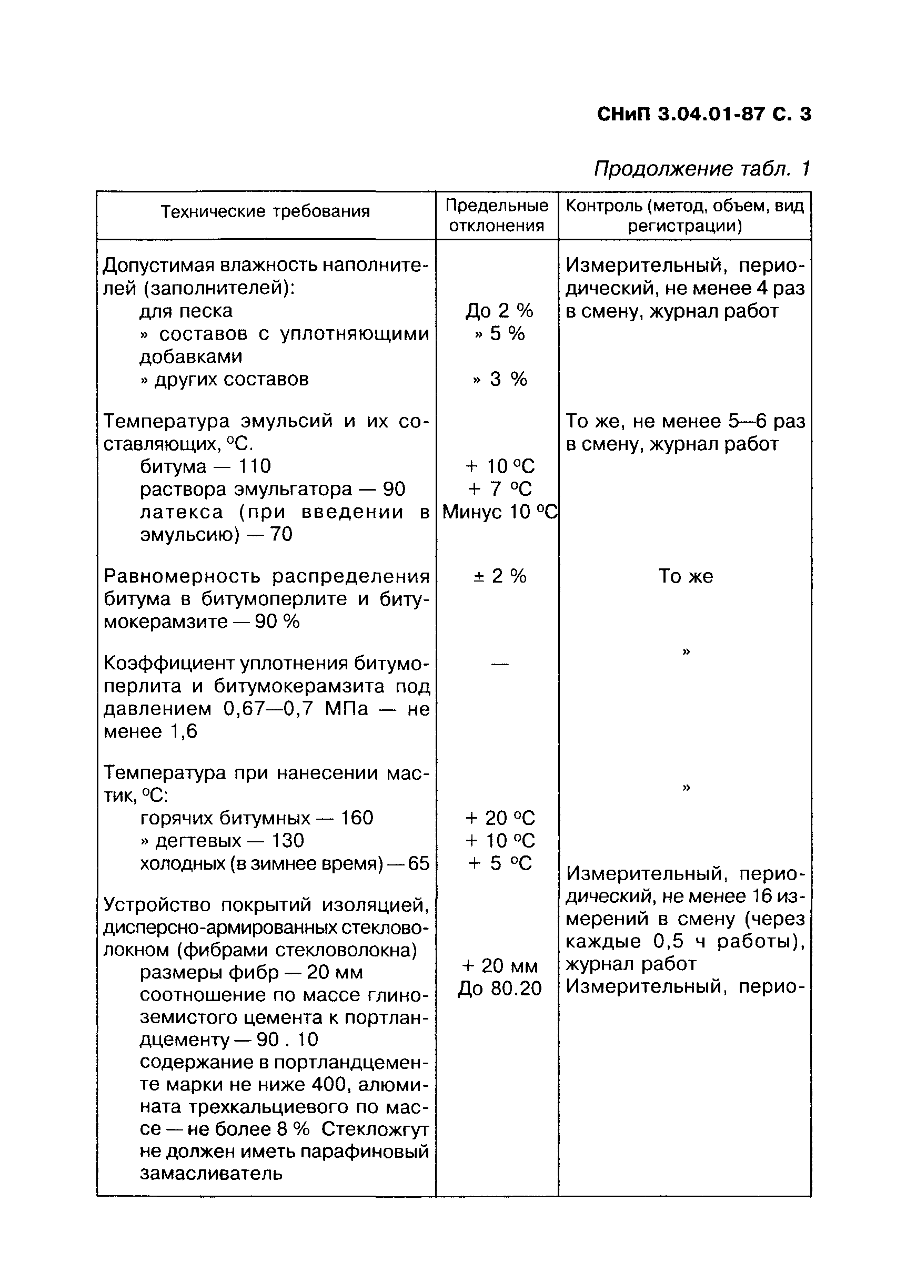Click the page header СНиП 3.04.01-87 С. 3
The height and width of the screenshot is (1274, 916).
point(703,115)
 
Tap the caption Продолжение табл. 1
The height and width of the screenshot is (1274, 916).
point(702,169)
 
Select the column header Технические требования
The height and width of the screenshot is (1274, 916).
point(265,212)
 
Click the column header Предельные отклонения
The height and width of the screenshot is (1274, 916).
point(497,216)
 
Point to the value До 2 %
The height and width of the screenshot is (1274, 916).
point(499,311)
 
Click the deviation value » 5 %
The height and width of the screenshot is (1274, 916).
point(499,334)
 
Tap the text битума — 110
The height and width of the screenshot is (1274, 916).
point(205,466)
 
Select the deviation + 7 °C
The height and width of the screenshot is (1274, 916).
point(499,490)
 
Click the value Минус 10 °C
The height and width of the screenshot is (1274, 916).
point(499,512)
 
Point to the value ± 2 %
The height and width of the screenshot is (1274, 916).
point(499,576)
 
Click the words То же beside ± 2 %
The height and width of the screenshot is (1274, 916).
point(685,576)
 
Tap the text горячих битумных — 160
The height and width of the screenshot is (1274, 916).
point(256,818)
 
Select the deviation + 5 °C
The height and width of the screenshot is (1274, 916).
point(499,863)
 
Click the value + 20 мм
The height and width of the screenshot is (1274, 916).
point(499,965)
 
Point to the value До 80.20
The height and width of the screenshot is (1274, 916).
point(499,988)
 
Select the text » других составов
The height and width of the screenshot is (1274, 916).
point(224,379)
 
